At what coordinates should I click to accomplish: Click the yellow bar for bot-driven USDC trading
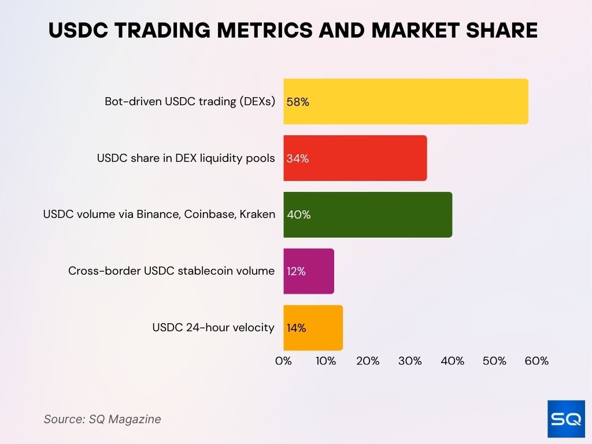[x=405, y=102]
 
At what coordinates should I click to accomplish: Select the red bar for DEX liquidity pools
[x=355, y=158]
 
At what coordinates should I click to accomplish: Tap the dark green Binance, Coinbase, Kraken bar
[x=368, y=214]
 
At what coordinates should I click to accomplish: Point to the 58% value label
[x=298, y=102]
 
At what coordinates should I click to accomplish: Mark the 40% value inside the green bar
[x=299, y=215]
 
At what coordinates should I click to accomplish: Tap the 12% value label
[x=296, y=272]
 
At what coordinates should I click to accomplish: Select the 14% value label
[x=297, y=328]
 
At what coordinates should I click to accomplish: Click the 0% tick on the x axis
[x=283, y=361]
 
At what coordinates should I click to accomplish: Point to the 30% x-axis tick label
[x=410, y=361]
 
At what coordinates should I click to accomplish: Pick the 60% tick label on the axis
[x=536, y=361]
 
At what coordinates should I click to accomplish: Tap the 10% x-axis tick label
[x=325, y=361]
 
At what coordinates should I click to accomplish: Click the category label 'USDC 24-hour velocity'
[x=213, y=328]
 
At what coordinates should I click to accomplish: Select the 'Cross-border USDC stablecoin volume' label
[x=172, y=271]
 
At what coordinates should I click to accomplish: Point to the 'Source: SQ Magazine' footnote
[x=102, y=419]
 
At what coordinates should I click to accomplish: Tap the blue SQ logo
[x=566, y=419]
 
